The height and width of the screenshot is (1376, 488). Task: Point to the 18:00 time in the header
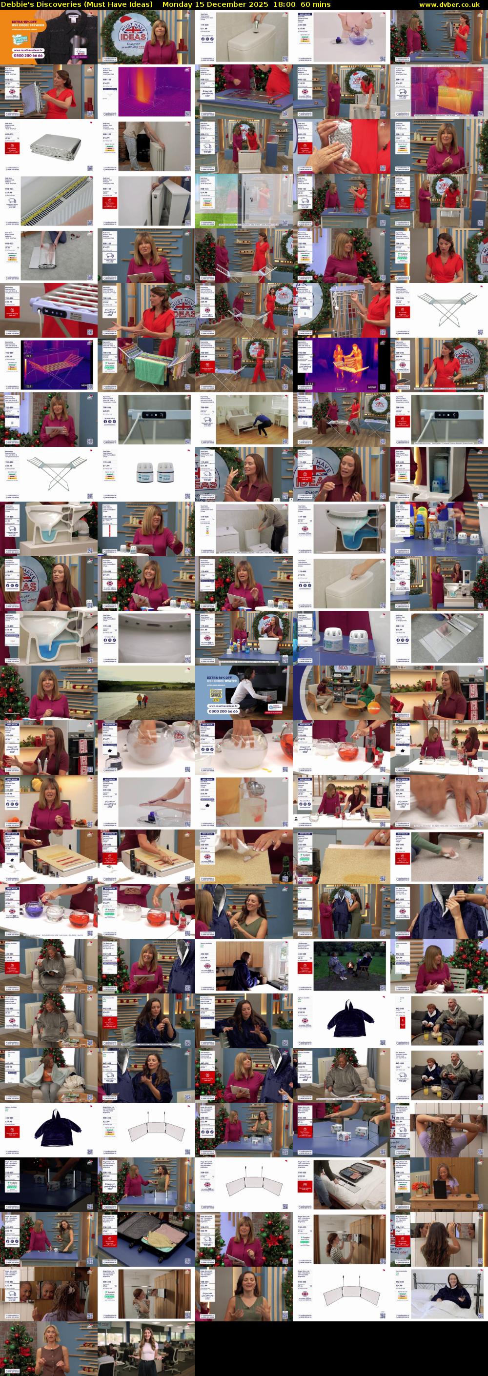tap(284, 4)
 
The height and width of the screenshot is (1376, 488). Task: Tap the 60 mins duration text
tap(315, 4)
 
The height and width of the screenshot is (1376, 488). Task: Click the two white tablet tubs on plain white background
tap(146, 474)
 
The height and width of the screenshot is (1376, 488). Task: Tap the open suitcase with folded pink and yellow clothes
tap(146, 1238)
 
